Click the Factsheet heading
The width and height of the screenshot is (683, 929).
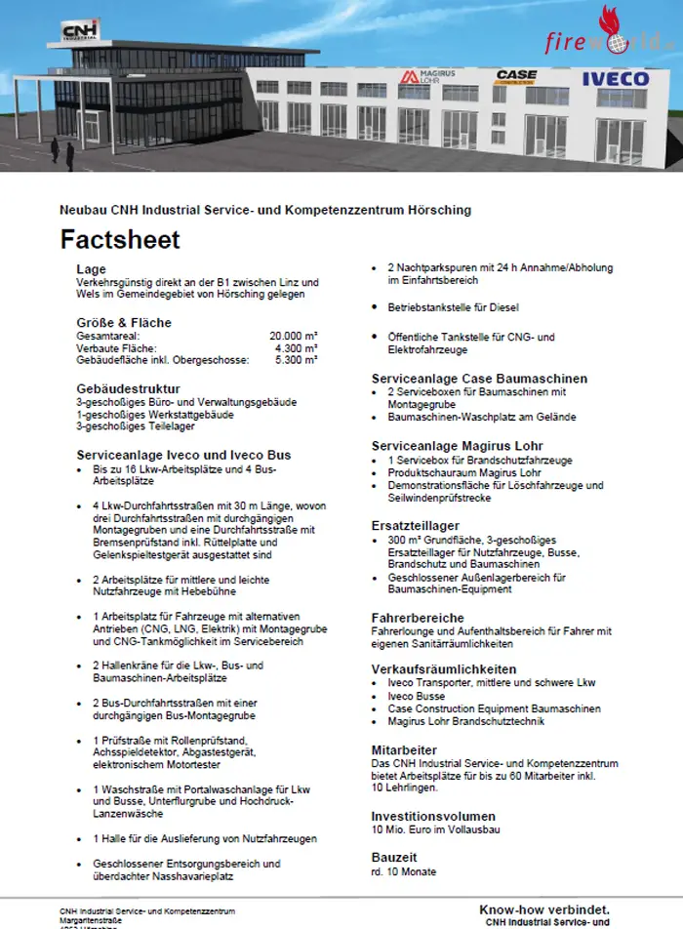120,239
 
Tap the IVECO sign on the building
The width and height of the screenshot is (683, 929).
615,79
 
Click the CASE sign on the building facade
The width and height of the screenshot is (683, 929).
516,75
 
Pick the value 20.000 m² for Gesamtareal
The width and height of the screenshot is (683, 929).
293,336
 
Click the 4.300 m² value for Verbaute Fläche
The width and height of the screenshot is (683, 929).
297,347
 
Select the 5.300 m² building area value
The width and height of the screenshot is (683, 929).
297,360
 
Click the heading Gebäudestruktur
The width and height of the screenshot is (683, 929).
124,388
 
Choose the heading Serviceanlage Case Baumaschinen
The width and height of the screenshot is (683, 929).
479,379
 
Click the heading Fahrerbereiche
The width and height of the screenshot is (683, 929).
417,618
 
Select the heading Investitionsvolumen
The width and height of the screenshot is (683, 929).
433,816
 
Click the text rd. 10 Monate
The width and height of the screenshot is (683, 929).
404,870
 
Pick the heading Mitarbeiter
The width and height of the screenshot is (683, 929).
405,749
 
